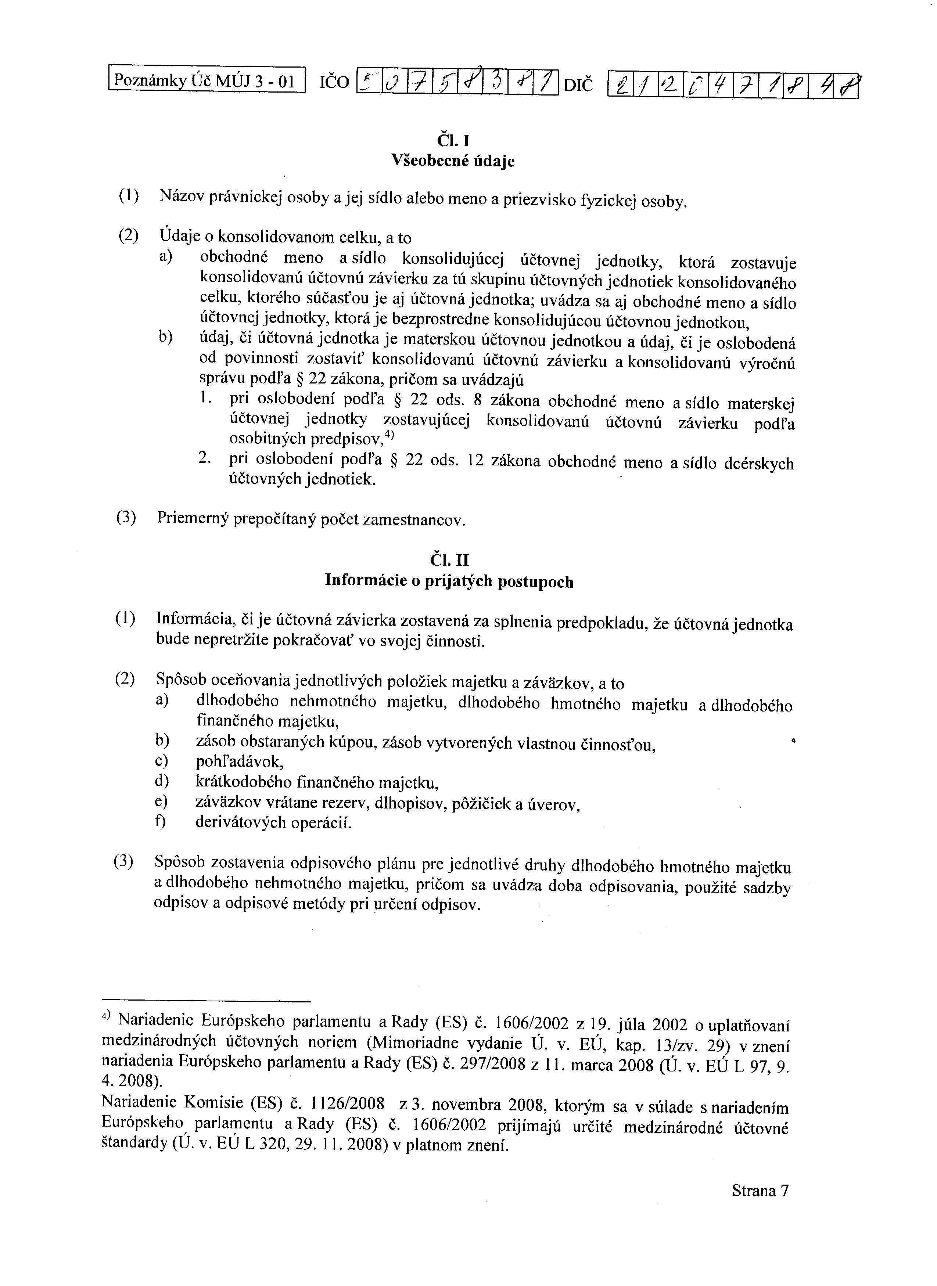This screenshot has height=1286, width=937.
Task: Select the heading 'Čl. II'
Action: [450, 560]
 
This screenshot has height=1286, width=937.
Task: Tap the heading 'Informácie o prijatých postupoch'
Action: [449, 581]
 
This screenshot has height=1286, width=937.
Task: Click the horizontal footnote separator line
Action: [207, 1001]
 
